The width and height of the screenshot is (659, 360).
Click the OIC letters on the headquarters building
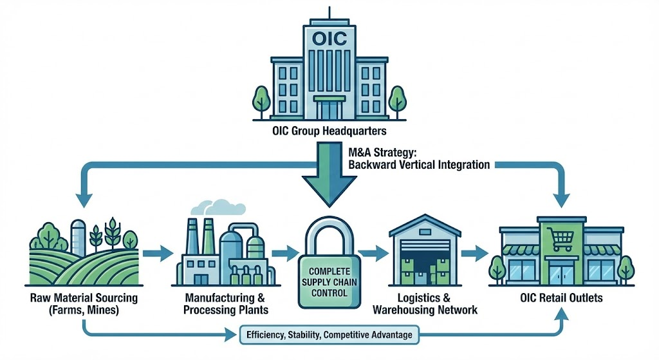click(329, 38)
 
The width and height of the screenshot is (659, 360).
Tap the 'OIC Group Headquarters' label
click(329, 133)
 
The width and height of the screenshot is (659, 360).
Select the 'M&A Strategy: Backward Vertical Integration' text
click(418, 159)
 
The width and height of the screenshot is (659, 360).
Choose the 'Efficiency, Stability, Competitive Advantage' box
click(329, 335)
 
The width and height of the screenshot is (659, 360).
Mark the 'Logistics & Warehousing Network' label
click(425, 304)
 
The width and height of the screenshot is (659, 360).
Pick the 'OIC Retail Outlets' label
click(562, 299)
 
